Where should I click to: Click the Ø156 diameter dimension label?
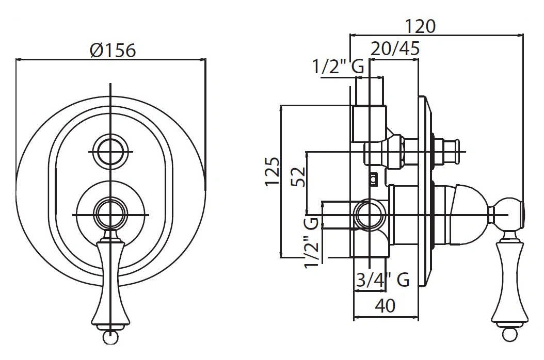point(112,50)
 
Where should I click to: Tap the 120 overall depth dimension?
point(419,26)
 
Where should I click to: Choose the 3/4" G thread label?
point(383,280)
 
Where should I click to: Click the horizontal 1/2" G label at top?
point(338,67)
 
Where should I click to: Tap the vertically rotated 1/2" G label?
point(311,242)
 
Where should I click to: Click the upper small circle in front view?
point(111,152)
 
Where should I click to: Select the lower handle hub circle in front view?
point(111,214)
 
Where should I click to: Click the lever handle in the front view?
point(110,281)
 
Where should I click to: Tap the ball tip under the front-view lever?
point(110,337)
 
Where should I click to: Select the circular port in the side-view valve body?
point(370,214)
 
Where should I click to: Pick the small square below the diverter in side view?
point(373,179)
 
